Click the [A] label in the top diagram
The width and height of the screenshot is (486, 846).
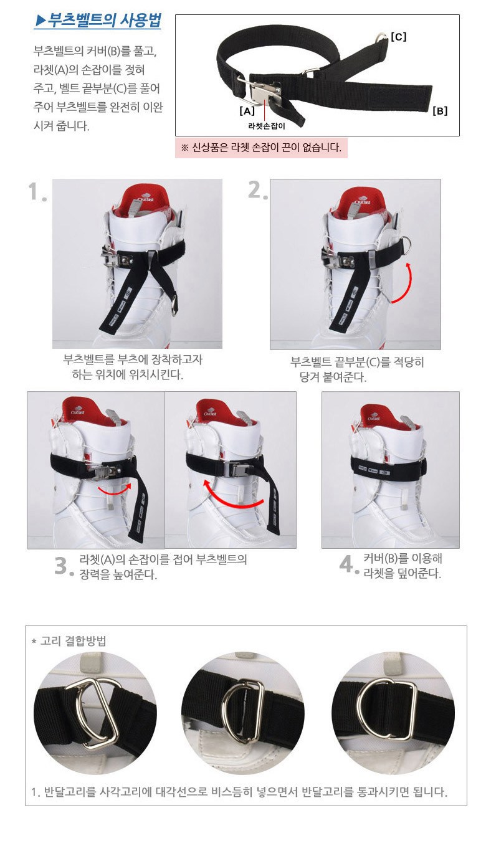[x=247, y=111]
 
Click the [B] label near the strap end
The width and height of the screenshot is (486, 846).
[x=440, y=111]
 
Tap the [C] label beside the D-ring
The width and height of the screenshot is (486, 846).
[x=398, y=37]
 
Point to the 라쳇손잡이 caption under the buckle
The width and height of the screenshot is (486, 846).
[x=267, y=126]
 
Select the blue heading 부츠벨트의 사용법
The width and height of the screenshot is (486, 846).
[x=98, y=20]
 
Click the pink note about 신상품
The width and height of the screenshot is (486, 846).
[x=261, y=147]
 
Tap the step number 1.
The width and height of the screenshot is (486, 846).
[x=37, y=192]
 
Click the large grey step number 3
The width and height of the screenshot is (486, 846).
[x=64, y=566]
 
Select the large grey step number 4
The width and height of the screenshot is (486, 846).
[x=348, y=564]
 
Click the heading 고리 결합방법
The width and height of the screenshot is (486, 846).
[x=69, y=641]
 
